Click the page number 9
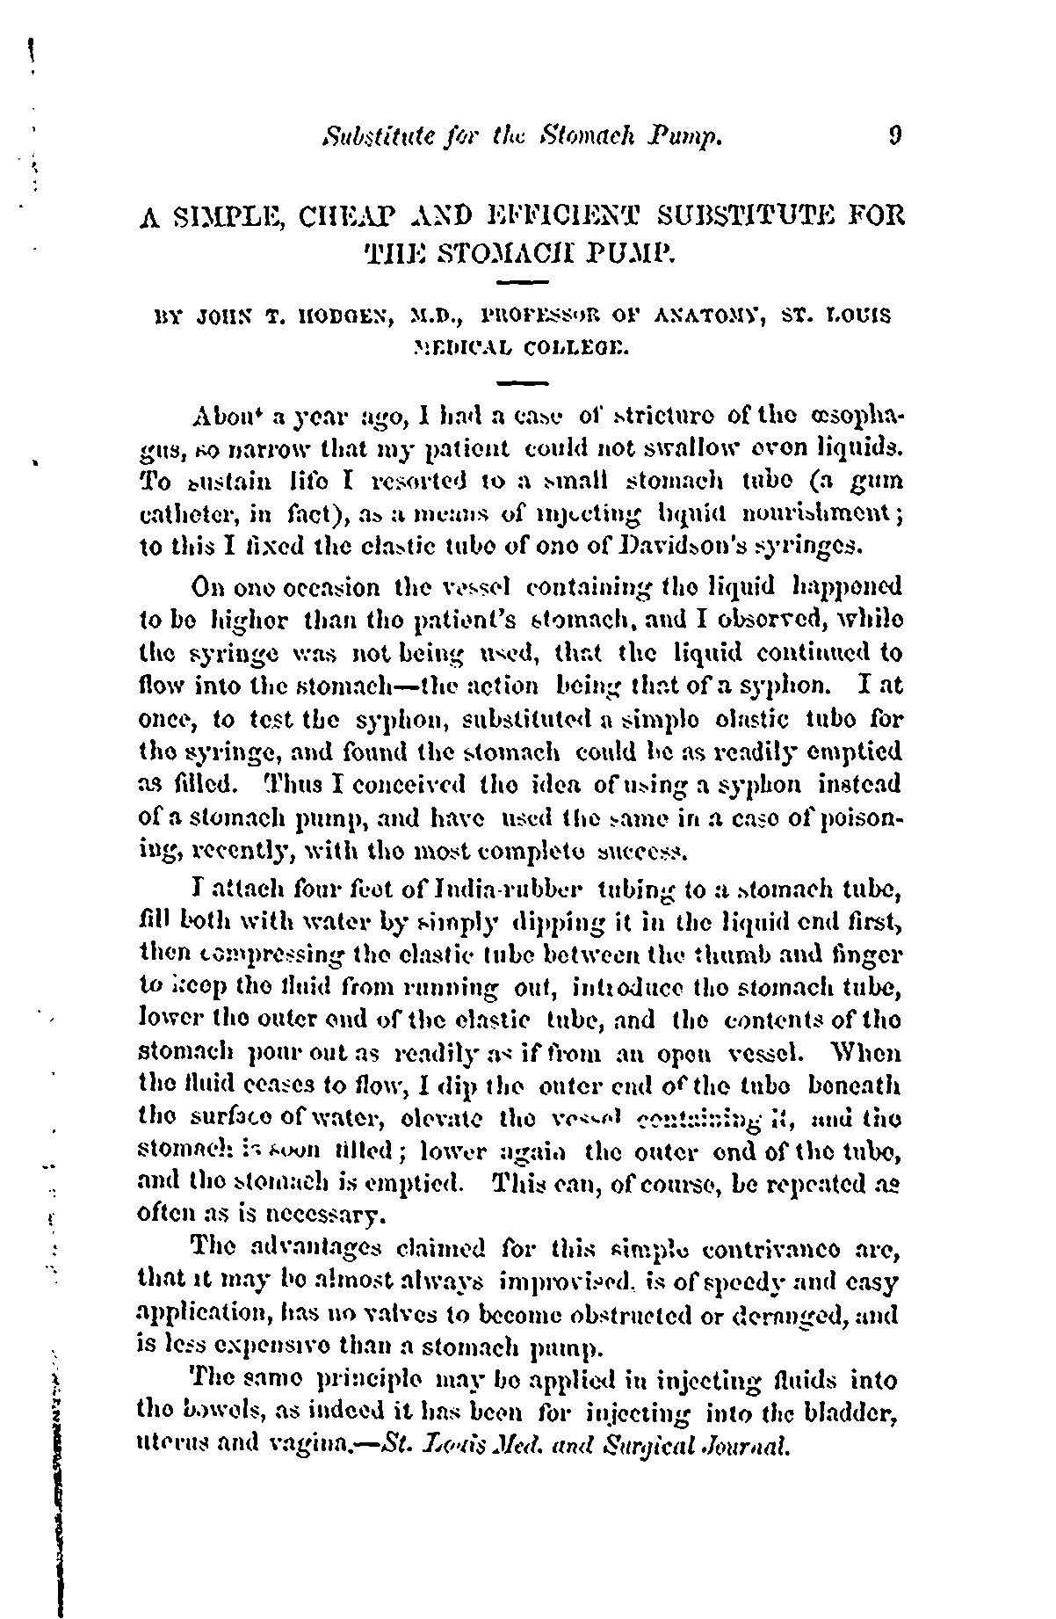coord(894,136)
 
